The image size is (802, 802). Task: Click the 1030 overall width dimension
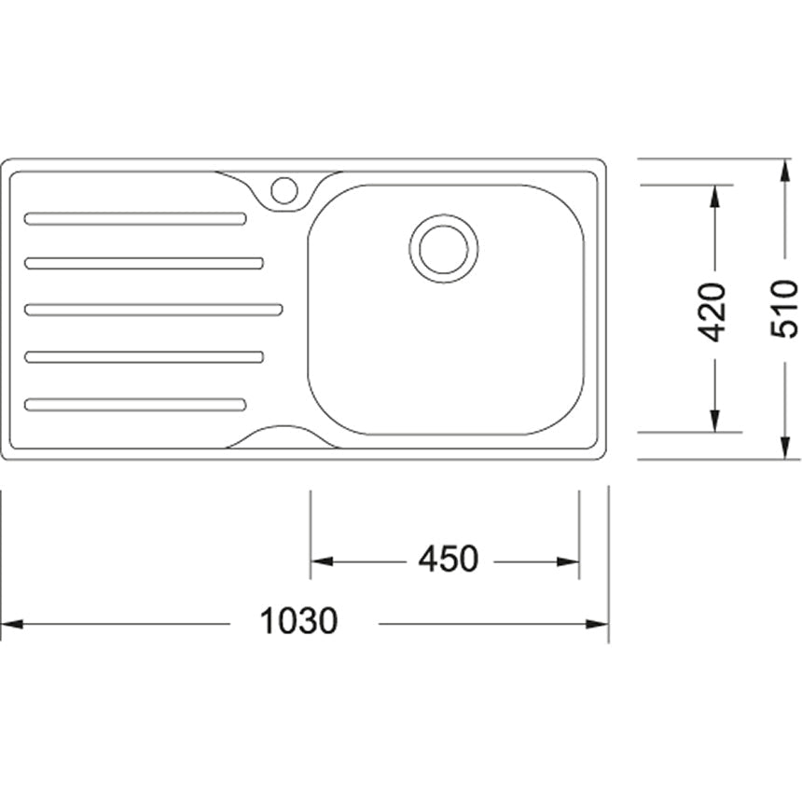(298, 621)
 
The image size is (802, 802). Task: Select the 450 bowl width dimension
(449, 559)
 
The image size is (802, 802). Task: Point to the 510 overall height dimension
(784, 309)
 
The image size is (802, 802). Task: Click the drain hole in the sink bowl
(444, 249)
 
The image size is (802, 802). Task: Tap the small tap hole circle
(283, 190)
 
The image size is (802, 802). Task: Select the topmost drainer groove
(135, 218)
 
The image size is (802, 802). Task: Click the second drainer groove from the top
(145, 263)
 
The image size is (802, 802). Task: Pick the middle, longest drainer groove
(154, 310)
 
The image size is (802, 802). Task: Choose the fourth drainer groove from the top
(145, 356)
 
